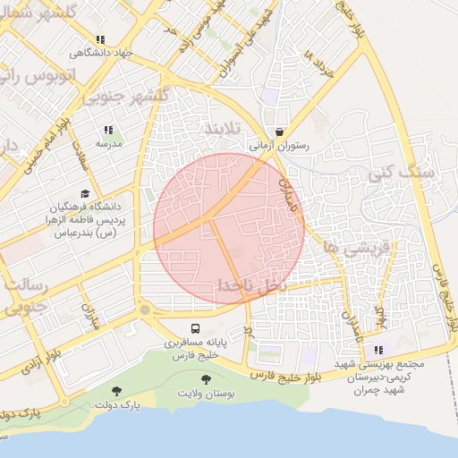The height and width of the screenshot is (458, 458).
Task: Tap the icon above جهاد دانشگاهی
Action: click(x=99, y=39)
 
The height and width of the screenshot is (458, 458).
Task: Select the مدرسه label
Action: click(x=109, y=143)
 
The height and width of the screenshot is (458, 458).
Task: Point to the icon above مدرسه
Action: click(x=109, y=130)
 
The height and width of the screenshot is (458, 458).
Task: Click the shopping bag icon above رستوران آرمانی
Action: click(x=280, y=131)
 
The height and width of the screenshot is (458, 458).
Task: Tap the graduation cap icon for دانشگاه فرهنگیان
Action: click(x=85, y=193)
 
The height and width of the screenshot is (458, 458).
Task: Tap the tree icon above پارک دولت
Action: click(x=116, y=390)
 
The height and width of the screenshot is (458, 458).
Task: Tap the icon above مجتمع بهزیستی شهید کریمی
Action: click(x=378, y=350)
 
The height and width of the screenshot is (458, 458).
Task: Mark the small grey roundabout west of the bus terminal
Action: click(x=145, y=310)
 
